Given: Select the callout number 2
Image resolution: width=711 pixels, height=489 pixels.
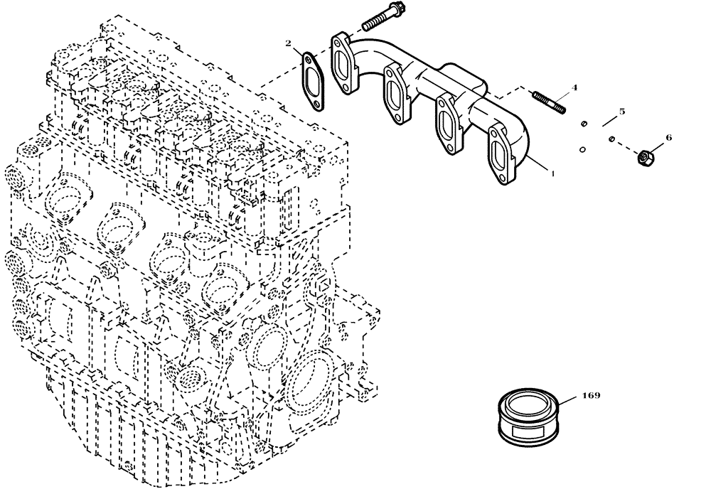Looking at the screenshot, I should pos(289,45).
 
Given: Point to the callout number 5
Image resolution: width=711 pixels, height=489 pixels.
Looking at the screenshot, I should pos(621,112).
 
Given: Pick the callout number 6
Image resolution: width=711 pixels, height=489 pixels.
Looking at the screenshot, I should pos(668,137).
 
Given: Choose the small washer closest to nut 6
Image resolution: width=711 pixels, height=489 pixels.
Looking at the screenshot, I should pos(611,138).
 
